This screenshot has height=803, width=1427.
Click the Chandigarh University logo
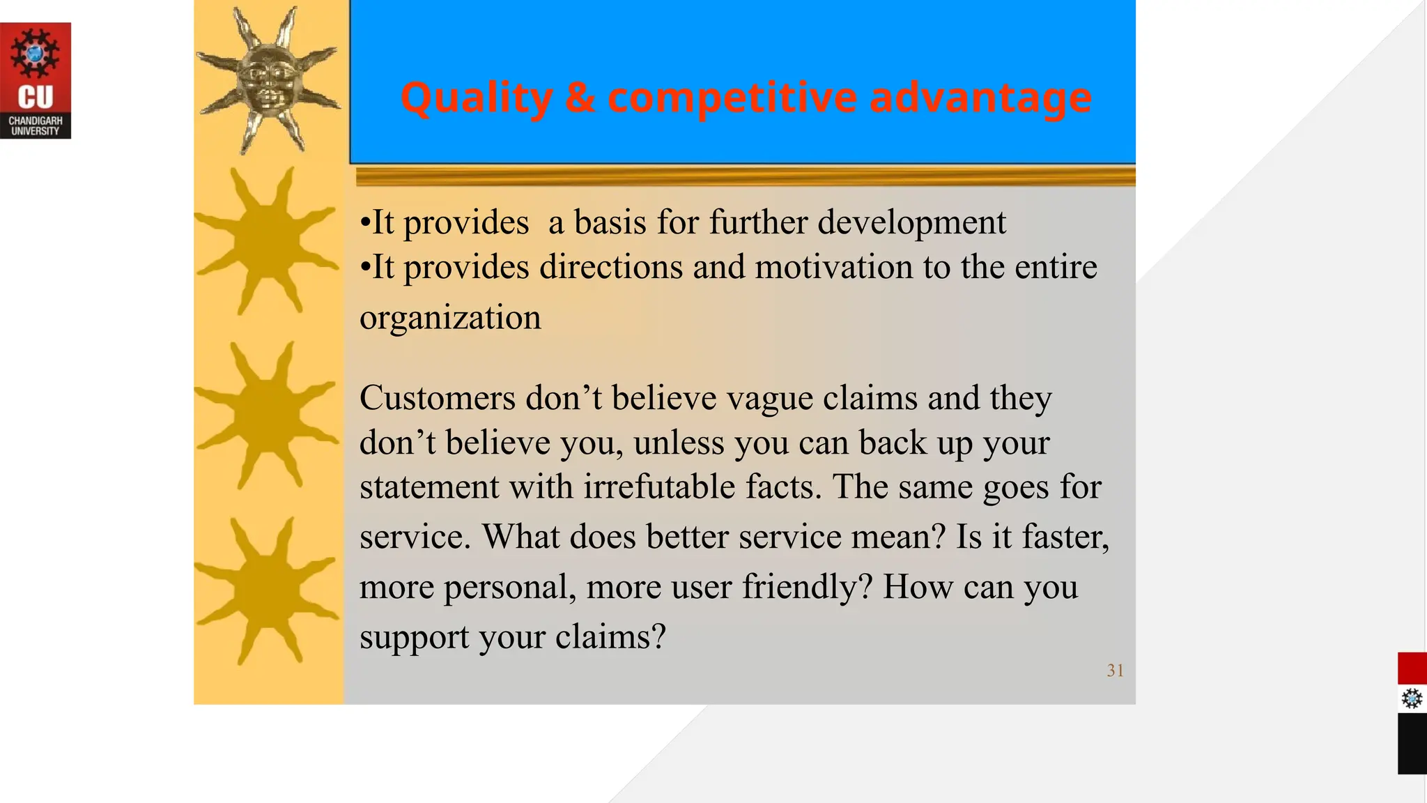[36, 80]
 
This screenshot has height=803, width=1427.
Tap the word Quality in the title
[477, 98]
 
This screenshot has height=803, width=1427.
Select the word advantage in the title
[980, 98]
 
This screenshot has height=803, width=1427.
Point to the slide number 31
[1115, 671]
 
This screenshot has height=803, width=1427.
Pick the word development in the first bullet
[911, 223]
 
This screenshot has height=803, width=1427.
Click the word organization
[450, 318]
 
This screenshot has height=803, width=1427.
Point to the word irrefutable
[658, 487]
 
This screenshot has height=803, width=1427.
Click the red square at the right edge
[1412, 668]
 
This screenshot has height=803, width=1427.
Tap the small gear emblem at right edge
[1412, 698]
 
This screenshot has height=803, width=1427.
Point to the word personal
[509, 587]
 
